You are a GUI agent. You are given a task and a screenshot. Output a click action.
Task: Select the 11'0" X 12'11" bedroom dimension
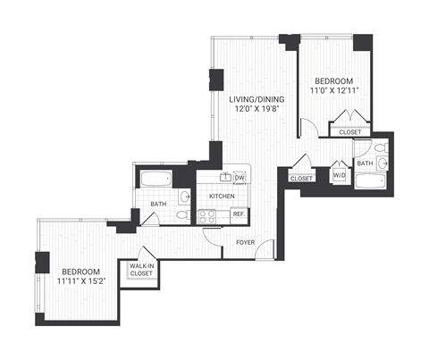pyautogui.click(x=332, y=90)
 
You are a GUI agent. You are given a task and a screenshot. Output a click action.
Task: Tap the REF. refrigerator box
pyautogui.click(x=239, y=214)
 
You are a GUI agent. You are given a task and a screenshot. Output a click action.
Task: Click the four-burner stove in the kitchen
pyautogui.click(x=207, y=214)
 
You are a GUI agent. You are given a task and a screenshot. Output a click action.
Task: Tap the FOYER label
pyautogui.click(x=248, y=242)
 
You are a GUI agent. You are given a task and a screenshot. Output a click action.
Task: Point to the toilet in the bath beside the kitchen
pyautogui.click(x=181, y=214)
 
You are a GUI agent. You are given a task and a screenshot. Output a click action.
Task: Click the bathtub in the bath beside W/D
pyautogui.click(x=369, y=183)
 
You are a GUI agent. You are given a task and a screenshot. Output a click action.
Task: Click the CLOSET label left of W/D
pyautogui.click(x=302, y=179)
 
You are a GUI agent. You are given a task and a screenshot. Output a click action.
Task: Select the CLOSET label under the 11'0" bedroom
pyautogui.click(x=350, y=132)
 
